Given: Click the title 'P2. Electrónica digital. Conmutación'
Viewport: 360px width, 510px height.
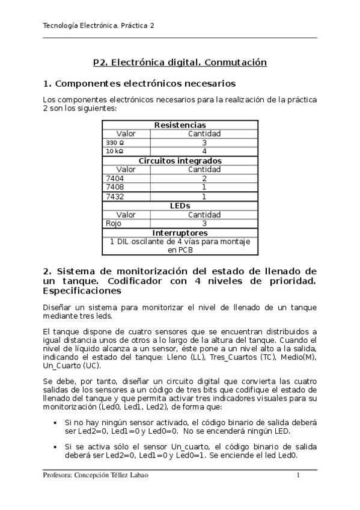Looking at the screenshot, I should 180,62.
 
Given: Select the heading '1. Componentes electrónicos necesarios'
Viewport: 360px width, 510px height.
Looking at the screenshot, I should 139,82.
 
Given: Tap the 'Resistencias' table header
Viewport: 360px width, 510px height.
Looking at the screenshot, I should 180,124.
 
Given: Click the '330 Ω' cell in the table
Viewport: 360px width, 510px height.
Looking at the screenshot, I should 115,143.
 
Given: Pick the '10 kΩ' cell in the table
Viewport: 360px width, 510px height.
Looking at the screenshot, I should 115,152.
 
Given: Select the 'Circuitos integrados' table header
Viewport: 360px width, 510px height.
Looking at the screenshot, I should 180,161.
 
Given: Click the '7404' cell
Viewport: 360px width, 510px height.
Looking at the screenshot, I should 115,179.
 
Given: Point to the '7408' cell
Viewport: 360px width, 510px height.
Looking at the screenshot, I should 115,187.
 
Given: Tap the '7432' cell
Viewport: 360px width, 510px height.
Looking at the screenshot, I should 115,196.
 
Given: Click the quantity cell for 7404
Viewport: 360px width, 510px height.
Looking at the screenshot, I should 204,179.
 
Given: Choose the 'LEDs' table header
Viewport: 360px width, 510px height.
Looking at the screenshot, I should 180,205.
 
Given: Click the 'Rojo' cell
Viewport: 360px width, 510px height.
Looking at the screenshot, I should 114,223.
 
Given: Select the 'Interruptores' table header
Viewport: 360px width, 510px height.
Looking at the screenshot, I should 180,232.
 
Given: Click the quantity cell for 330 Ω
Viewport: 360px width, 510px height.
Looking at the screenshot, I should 204,143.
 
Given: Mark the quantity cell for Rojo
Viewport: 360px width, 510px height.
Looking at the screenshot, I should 204,223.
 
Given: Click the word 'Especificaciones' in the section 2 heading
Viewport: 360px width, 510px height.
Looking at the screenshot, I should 82,291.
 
